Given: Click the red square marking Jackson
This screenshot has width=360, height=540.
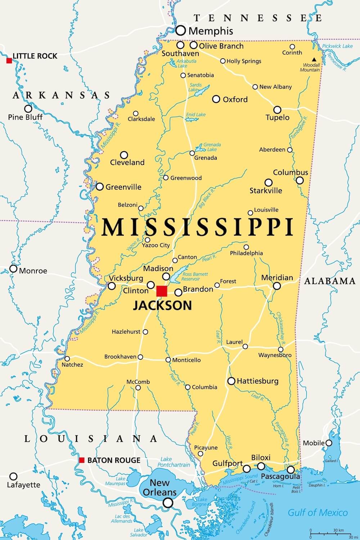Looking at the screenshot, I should [x=162, y=291].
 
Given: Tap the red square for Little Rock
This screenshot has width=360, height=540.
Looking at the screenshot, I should [x=9, y=60].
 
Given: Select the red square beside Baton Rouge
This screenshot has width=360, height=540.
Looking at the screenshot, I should [x=82, y=460].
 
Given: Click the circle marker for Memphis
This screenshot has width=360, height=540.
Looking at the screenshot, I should [x=181, y=30].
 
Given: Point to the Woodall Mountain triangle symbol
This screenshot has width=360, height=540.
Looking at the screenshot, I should [x=314, y=59].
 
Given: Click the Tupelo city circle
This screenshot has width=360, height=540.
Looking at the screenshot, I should [x=277, y=110].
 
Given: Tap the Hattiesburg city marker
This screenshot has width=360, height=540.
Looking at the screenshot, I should [x=231, y=381].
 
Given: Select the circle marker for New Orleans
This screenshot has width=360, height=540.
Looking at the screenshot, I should [x=168, y=503].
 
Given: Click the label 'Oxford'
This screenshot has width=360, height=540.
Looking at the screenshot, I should [x=235, y=99].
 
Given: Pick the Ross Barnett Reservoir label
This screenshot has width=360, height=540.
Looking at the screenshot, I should [x=195, y=276].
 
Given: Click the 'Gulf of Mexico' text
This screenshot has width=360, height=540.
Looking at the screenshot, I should [x=318, y=513].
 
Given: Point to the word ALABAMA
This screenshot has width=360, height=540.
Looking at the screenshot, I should [x=330, y=281].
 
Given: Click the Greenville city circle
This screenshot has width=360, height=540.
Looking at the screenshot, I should [x=100, y=186].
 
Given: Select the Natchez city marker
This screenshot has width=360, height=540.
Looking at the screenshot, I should [x=67, y=359].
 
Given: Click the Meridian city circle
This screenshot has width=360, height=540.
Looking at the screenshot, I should [x=276, y=286].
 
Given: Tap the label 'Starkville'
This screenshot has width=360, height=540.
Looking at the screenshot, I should [x=266, y=191].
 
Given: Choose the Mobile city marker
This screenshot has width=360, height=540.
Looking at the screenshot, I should [x=329, y=443].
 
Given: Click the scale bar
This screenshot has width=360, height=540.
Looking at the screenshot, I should [x=331, y=534].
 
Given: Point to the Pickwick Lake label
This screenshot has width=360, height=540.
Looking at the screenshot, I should [x=337, y=46].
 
